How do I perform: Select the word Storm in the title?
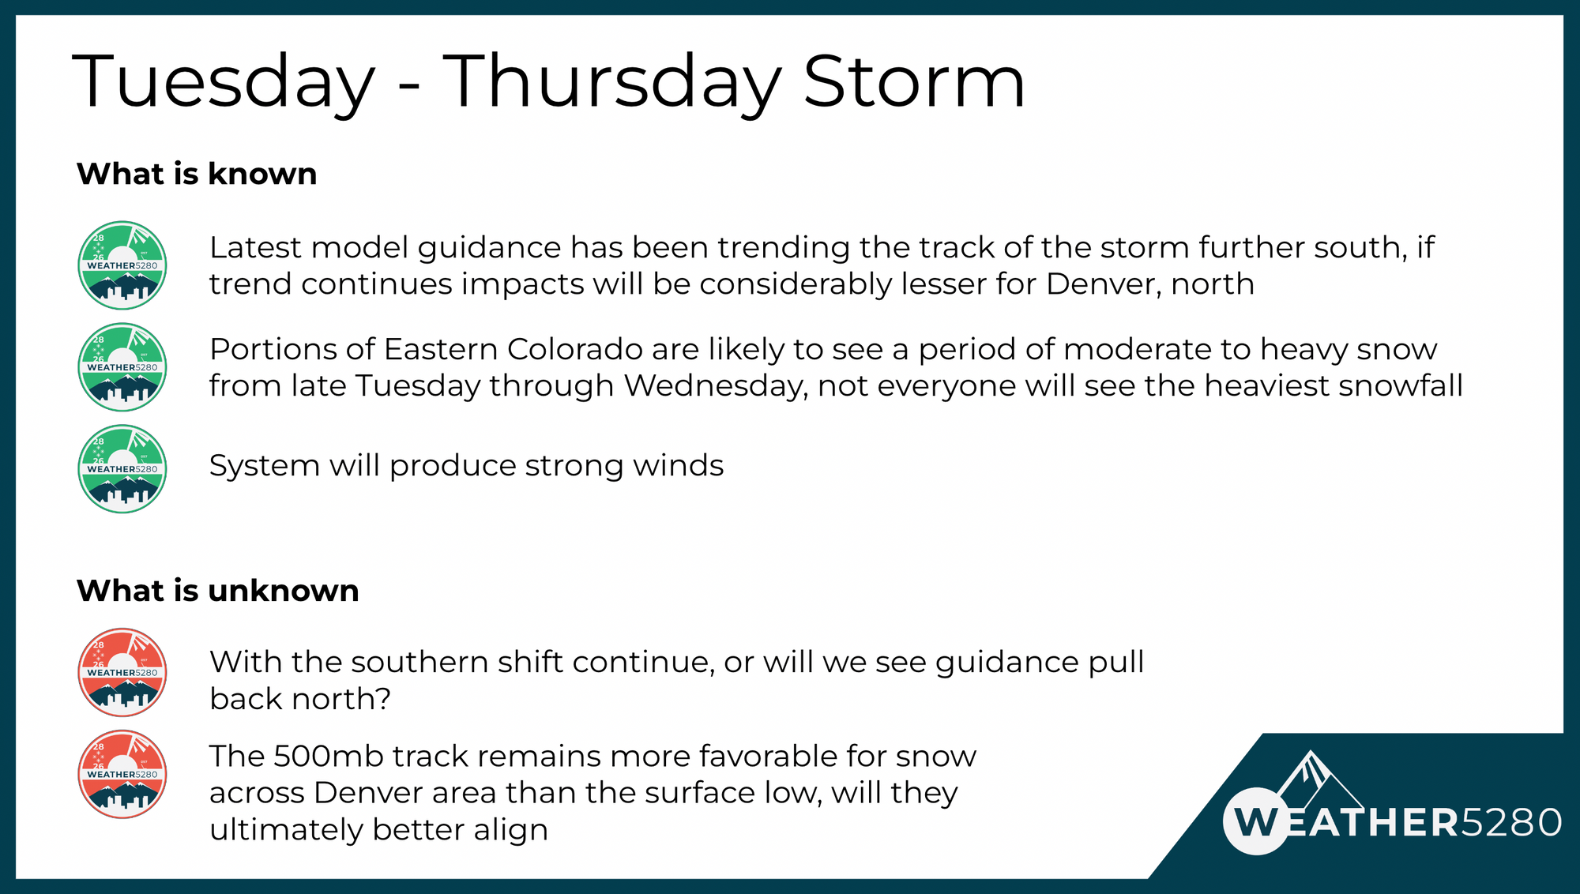pos(914,81)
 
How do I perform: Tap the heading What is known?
pos(197,174)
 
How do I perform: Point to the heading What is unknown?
pos(218,591)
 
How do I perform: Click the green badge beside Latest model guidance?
pos(122,265)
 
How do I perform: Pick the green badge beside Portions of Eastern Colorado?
pos(122,367)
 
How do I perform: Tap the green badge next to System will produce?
pos(122,469)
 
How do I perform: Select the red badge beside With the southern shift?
pos(122,673)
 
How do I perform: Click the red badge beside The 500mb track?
pos(122,775)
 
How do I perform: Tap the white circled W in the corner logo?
pos(1256,821)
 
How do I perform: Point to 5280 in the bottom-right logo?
pos(1510,823)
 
